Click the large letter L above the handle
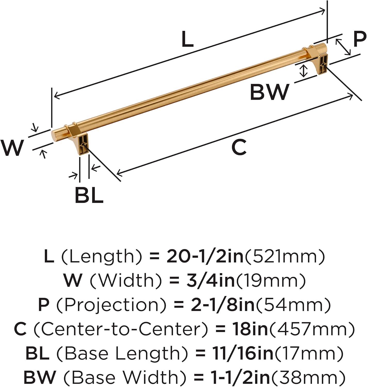(187, 39)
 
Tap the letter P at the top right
(359, 39)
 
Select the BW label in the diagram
(270, 92)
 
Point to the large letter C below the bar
(239, 147)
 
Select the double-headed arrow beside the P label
(343, 47)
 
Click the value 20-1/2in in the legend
(205, 257)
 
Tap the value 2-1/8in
(222, 305)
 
